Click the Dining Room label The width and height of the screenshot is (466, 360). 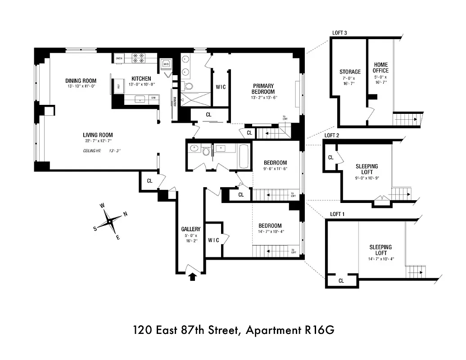click(81, 81)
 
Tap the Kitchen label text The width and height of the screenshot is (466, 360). click(141, 79)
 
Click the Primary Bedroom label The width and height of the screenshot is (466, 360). click(263, 89)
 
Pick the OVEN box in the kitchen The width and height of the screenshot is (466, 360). click(119, 58)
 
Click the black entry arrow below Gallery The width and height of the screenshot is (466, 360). click(192, 277)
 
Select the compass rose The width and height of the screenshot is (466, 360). click(109, 221)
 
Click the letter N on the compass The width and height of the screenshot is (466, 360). click(125, 214)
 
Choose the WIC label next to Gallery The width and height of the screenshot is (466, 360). click(213, 240)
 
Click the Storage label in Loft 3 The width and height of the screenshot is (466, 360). click(350, 72)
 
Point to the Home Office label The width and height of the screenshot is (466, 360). click(380, 67)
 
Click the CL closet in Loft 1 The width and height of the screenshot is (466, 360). click(341, 281)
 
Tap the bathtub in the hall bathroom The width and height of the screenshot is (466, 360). click(243, 156)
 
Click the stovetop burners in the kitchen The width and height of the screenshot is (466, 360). click(137, 58)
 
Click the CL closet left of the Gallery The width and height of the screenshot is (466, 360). click(149, 181)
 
